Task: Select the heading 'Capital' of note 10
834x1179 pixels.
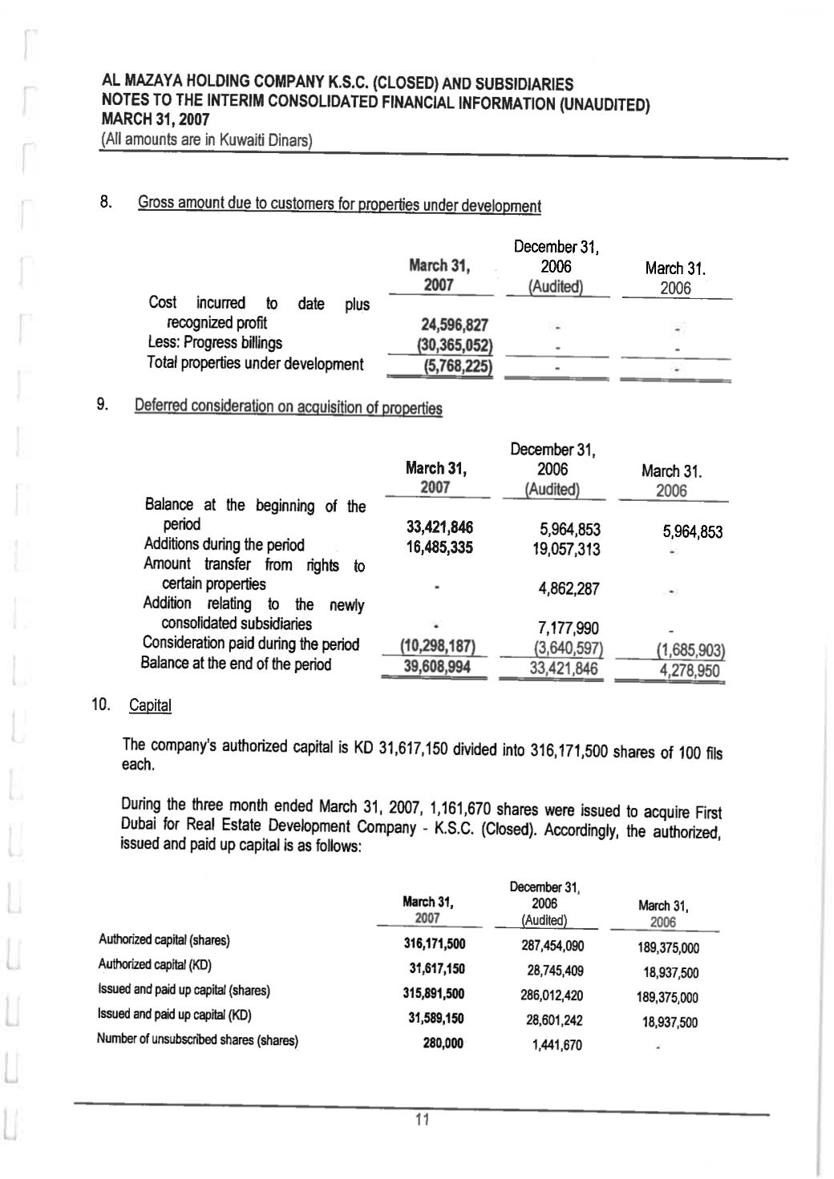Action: pos(150,705)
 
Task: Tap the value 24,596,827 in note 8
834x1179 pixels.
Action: pos(454,325)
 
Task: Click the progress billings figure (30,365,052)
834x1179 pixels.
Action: pos(453,345)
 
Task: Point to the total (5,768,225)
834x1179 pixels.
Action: pos(457,366)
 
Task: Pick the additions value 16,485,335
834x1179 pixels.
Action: pos(439,547)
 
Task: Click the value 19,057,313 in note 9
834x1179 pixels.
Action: pos(566,549)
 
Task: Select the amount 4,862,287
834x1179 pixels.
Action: pos(568,588)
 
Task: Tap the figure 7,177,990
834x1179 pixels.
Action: pos(568,628)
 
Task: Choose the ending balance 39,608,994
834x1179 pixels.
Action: pos(436,667)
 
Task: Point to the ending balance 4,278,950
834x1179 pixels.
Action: pos(689,670)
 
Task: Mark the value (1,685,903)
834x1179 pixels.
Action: pos(686,650)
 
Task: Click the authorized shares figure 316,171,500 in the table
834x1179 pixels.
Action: pos(434,943)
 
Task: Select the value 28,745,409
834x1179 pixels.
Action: pos(554,971)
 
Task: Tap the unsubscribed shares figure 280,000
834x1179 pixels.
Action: pos(443,1044)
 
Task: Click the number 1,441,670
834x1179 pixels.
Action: pos(557,1045)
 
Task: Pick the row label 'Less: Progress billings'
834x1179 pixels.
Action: pos(215,343)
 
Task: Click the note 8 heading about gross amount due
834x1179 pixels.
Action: pos(339,204)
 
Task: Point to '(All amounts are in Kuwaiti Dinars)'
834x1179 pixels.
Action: pos(206,140)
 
